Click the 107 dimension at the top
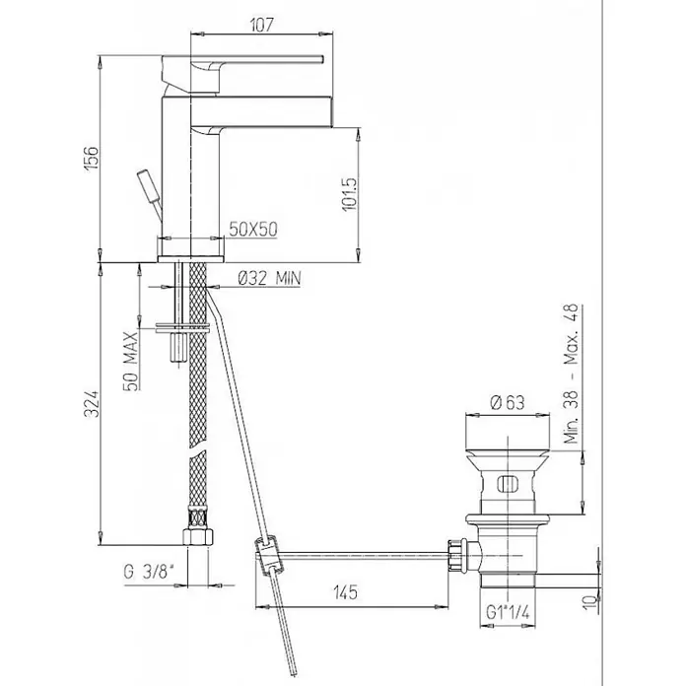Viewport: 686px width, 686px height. (262, 25)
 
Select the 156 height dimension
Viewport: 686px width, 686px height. (92, 159)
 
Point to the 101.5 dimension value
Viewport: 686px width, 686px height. (350, 194)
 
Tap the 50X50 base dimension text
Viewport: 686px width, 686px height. (253, 229)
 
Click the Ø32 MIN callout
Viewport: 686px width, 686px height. (269, 278)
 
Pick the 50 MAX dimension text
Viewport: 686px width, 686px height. (130, 361)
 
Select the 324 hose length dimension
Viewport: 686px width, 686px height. (92, 404)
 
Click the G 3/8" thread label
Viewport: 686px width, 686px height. (149, 572)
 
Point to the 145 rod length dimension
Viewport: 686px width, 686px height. (346, 592)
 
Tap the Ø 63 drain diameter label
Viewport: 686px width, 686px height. (508, 402)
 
